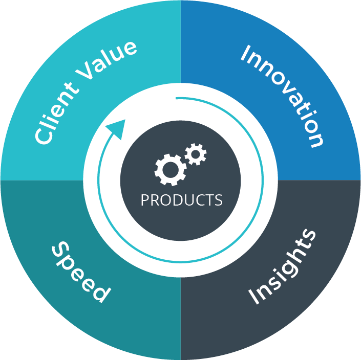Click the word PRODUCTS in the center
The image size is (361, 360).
(181, 200)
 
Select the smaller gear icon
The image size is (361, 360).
(196, 154)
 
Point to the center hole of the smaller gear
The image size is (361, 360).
(196, 154)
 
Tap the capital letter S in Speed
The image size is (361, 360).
(61, 251)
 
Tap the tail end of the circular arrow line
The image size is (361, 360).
(177, 98)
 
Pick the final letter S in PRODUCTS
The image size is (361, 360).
(219, 200)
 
